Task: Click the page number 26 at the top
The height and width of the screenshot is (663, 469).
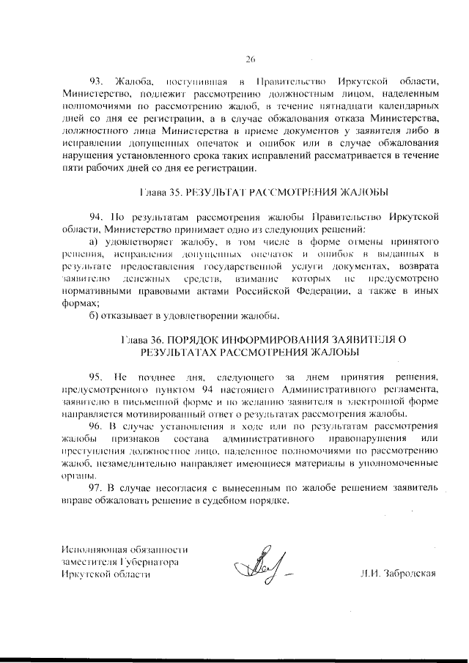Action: [249, 59]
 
